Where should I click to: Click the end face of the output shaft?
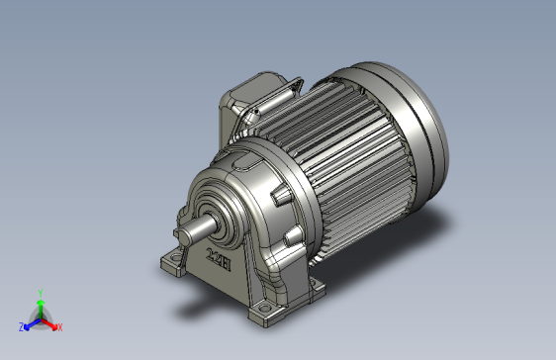(178, 236)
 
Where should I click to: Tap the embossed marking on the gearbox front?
(218, 262)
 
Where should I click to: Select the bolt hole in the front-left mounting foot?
(171, 263)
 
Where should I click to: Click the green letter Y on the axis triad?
(40, 293)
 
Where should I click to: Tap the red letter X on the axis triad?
(59, 326)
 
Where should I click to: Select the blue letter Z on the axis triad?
(21, 326)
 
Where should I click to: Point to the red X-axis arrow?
(50, 322)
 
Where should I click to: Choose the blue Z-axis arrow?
(30, 322)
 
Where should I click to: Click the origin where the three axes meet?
(40, 318)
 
